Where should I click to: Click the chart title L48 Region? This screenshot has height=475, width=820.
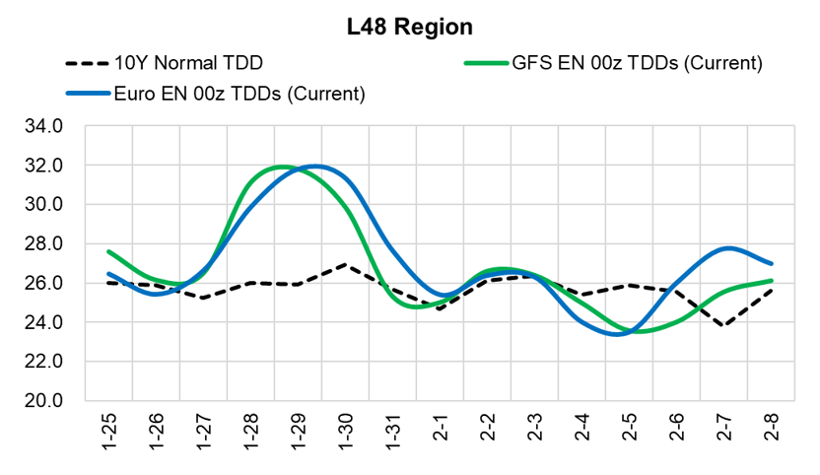coord(409,27)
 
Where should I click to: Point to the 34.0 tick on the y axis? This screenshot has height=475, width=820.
coord(45,127)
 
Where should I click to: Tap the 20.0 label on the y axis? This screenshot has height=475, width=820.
coord(45,401)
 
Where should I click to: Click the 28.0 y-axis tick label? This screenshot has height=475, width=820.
coord(45,244)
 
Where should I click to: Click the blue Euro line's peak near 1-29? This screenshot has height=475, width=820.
coord(315,166)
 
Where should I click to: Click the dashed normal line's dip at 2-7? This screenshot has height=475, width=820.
coord(724,325)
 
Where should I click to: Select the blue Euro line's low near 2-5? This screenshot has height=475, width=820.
coord(619,334)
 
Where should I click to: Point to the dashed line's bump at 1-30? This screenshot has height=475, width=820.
coord(345,264)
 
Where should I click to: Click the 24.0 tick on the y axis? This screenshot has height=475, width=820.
coord(45,322)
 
